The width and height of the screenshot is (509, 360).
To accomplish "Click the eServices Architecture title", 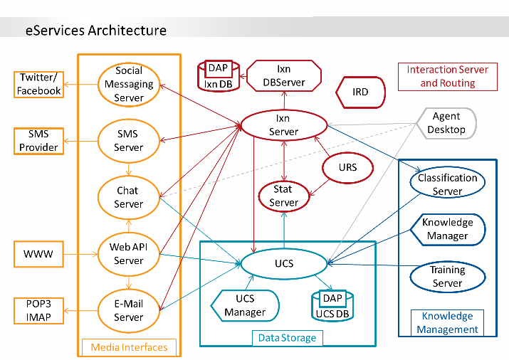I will pyautogui.click(x=96, y=30).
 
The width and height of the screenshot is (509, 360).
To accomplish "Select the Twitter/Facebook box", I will pyautogui.click(x=40, y=84).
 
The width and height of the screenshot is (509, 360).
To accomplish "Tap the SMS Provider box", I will pyautogui.click(x=40, y=140).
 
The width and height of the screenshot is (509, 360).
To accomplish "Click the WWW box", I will pyautogui.click(x=33, y=253).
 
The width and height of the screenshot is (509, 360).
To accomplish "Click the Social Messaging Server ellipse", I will pyautogui.click(x=129, y=84).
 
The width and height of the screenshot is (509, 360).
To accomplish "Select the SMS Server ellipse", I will pyautogui.click(x=129, y=140).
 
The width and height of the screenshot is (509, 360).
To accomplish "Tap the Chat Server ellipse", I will pyautogui.click(x=129, y=197).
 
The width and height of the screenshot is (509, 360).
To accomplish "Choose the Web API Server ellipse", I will pyautogui.click(x=129, y=253).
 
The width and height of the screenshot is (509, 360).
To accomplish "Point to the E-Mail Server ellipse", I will pyautogui.click(x=129, y=310).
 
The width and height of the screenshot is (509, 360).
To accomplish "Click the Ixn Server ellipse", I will pyautogui.click(x=283, y=125).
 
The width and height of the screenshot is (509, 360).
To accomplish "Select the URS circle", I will pyautogui.click(x=348, y=168).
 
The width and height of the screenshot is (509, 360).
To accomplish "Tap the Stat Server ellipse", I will pyautogui.click(x=284, y=196).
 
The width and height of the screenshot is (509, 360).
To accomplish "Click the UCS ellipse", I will pyautogui.click(x=283, y=265).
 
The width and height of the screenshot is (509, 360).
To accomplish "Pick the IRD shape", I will pyautogui.click(x=360, y=92).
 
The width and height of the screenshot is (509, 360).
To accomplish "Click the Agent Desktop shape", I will pyautogui.click(x=446, y=123).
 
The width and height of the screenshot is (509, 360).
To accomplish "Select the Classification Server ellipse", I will pyautogui.click(x=447, y=184).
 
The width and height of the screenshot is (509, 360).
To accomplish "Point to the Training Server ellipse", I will pyautogui.click(x=447, y=277).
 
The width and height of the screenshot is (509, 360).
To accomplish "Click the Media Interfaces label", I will pyautogui.click(x=130, y=347).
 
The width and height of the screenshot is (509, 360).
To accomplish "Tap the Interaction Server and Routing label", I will pyautogui.click(x=448, y=76).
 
